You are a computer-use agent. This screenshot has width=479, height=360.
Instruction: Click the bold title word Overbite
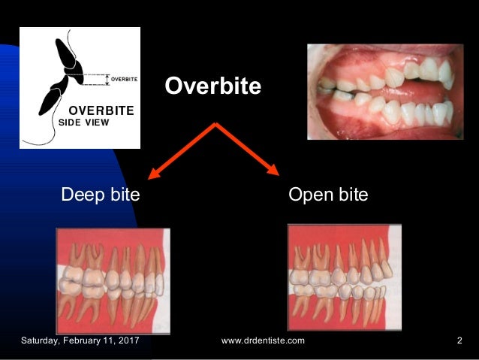213,87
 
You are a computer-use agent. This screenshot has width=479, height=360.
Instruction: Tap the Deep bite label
100,195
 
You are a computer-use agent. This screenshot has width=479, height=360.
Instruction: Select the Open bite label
328,195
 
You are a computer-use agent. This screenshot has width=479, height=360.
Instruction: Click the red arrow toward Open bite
248,150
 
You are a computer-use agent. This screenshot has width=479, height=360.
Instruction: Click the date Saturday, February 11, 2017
83,341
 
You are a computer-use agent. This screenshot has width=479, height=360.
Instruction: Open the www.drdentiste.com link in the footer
264,341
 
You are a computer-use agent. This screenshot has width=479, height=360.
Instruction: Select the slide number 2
459,341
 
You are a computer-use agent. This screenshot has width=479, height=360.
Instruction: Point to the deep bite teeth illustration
113,280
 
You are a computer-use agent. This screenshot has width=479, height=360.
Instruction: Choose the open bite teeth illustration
344,278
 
